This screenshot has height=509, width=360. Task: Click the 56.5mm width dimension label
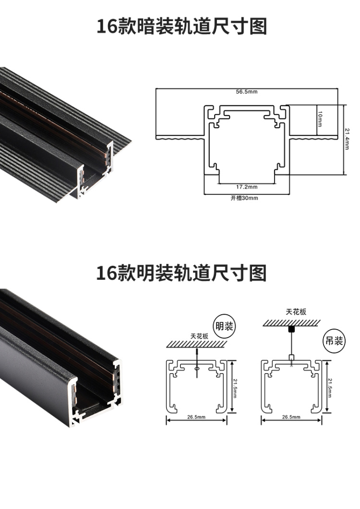(x=247, y=92)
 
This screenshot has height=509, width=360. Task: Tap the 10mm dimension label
(x=320, y=119)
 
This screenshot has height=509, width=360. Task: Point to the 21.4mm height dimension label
(x=347, y=139)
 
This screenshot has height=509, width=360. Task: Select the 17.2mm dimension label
(x=247, y=187)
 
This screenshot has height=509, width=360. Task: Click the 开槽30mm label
(x=244, y=198)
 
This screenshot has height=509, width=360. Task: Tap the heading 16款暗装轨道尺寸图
(x=181, y=26)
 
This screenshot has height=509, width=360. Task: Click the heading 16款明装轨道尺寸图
(x=181, y=273)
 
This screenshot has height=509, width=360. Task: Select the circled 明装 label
(x=224, y=326)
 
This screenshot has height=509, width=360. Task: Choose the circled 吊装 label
(x=334, y=341)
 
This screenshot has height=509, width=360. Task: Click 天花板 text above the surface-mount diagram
(x=199, y=336)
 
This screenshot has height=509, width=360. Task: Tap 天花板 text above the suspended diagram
(x=296, y=312)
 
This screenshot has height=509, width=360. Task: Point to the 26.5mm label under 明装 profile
(x=196, y=417)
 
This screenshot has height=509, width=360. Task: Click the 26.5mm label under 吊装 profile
(x=291, y=417)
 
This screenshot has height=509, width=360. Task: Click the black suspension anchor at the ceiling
(x=291, y=329)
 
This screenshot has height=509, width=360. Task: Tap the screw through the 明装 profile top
(x=197, y=363)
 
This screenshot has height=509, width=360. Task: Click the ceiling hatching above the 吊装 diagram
(x=291, y=323)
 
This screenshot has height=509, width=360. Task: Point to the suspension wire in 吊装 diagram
(x=291, y=343)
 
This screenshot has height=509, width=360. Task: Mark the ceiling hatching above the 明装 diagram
(x=197, y=344)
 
